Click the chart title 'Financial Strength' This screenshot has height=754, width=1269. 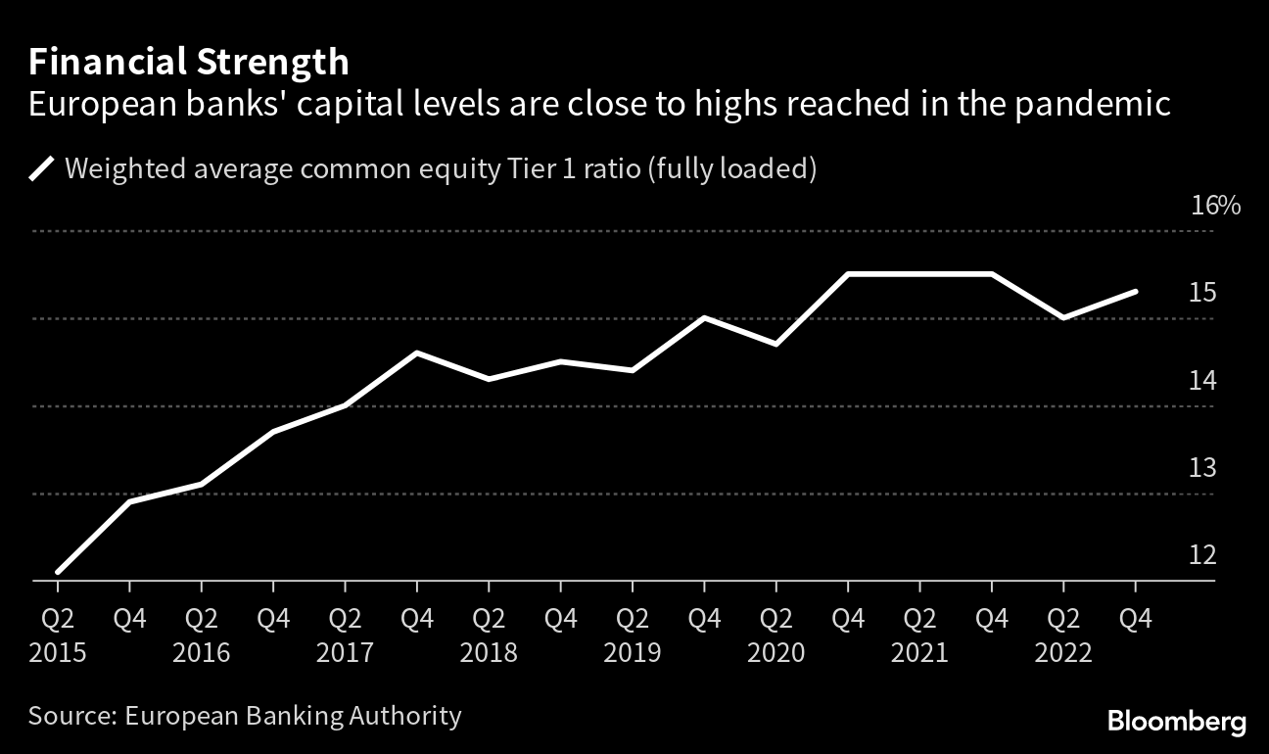click(188, 63)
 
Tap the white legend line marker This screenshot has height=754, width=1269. click(42, 169)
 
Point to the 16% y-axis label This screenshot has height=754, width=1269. click(1215, 207)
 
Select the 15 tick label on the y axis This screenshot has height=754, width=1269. click(1201, 293)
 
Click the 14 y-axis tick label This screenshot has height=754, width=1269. click(1201, 381)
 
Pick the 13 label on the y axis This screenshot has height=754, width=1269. click(1201, 468)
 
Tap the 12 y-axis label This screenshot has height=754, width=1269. click(1201, 555)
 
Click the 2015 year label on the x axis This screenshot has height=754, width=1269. click(58, 652)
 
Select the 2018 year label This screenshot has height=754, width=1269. click(489, 652)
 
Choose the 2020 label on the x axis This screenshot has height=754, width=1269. click(776, 652)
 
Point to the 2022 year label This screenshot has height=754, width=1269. click(1063, 652)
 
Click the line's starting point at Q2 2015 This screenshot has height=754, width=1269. click(58, 572)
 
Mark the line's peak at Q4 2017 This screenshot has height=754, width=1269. click(417, 353)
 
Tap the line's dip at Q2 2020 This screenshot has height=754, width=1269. click(776, 344)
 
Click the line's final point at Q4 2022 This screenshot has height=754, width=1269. click(1135, 292)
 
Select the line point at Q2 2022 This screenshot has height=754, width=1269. click(1063, 317)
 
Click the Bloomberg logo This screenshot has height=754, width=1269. click(1177, 723)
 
